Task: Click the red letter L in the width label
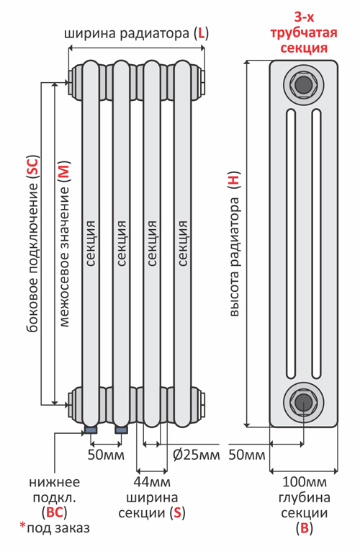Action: point(202,33)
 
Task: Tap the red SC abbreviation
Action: point(32,166)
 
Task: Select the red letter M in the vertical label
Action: point(64,171)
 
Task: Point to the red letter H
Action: point(234,179)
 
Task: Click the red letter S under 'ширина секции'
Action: point(177,513)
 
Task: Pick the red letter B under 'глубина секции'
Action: point(304,528)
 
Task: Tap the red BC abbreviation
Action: point(54,512)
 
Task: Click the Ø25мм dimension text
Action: point(197,455)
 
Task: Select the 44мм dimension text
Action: point(152,482)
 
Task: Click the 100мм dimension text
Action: point(305,482)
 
